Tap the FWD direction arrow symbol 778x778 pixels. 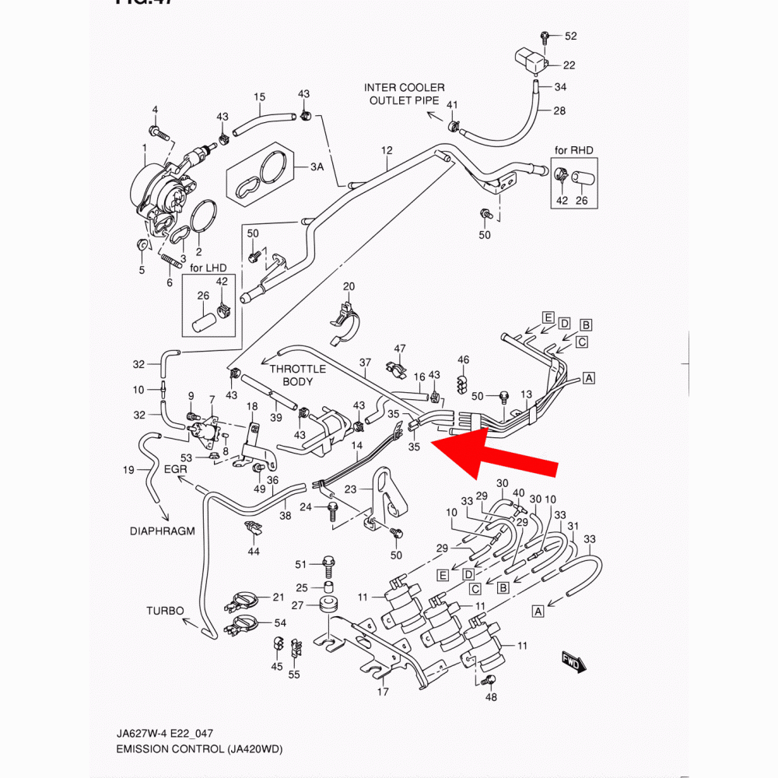pyautogui.click(x=574, y=661)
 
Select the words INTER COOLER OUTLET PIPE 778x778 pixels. pyautogui.click(x=405, y=93)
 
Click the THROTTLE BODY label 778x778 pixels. pyautogui.click(x=298, y=376)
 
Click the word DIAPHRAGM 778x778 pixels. pyautogui.click(x=162, y=531)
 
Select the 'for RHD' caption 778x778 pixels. pyautogui.click(x=573, y=149)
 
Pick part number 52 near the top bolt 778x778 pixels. pyautogui.click(x=571, y=37)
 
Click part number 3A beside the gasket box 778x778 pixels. pyautogui.click(x=317, y=167)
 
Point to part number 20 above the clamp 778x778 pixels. pyautogui.click(x=349, y=286)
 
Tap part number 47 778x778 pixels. pyautogui.click(x=400, y=348)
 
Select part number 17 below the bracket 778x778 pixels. pyautogui.click(x=382, y=691)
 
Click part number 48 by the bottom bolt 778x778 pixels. pyautogui.click(x=491, y=697)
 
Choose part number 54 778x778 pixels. pyautogui.click(x=280, y=623)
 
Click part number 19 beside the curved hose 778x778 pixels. pyautogui.click(x=129, y=469)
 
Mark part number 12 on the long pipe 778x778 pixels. pyautogui.click(x=387, y=149)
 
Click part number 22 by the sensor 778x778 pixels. pyautogui.click(x=569, y=65)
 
